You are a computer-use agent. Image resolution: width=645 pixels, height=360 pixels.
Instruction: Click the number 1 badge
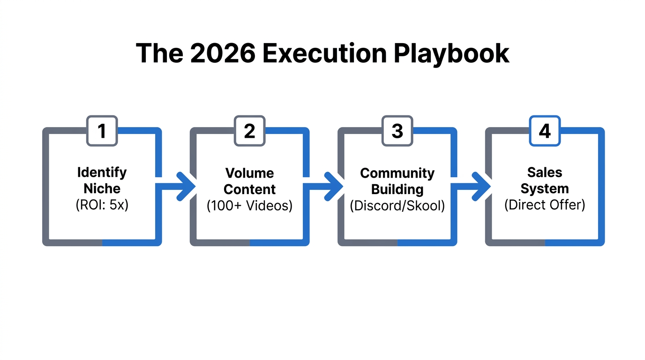pyautogui.click(x=102, y=131)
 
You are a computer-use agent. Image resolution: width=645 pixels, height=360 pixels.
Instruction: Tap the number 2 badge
pyautogui.click(x=249, y=131)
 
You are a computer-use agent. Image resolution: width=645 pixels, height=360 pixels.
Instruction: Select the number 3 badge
pyautogui.click(x=397, y=131)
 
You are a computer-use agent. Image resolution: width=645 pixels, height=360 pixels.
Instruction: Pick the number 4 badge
pyautogui.click(x=545, y=131)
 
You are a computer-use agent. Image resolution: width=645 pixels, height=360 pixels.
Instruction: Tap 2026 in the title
pyautogui.click(x=222, y=53)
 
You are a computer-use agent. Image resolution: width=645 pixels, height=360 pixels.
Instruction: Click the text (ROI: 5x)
pyautogui.click(x=102, y=205)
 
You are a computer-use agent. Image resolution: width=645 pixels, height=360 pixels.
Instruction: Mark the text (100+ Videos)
pyautogui.click(x=249, y=206)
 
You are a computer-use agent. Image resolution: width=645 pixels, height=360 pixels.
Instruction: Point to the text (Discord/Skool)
pyautogui.click(x=397, y=206)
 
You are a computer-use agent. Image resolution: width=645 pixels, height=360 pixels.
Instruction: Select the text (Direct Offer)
pyautogui.click(x=545, y=205)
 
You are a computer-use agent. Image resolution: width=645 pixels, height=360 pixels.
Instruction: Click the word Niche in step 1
pyautogui.click(x=102, y=188)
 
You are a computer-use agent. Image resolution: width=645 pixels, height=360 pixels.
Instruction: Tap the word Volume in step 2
pyautogui.click(x=249, y=173)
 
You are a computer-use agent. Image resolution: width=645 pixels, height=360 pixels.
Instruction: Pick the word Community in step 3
pyautogui.click(x=397, y=173)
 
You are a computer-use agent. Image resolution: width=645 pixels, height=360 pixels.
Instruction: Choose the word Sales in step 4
pyautogui.click(x=545, y=172)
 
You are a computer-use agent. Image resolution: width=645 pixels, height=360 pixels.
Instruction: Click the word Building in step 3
pyautogui.click(x=397, y=189)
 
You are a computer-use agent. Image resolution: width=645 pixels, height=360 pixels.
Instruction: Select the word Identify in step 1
pyautogui.click(x=102, y=172)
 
